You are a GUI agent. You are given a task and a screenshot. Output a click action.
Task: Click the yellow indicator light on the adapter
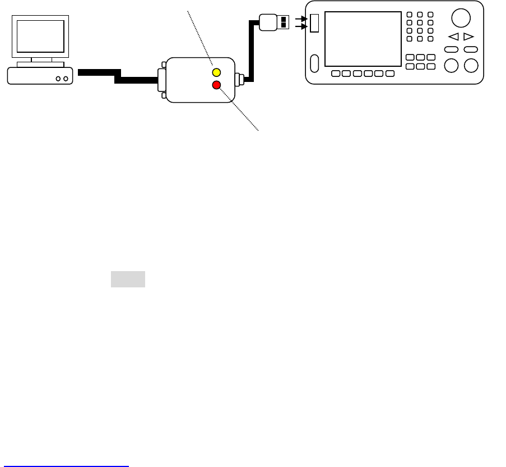click(x=216, y=73)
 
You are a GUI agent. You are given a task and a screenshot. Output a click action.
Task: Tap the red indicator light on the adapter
click(x=216, y=85)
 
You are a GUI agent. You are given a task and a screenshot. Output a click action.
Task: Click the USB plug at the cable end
click(x=275, y=22)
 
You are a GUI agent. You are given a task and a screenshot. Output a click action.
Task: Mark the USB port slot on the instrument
click(x=314, y=23)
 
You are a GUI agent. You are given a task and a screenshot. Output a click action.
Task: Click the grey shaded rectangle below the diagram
click(x=128, y=279)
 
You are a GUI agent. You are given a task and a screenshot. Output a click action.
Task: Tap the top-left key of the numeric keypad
click(x=409, y=15)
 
